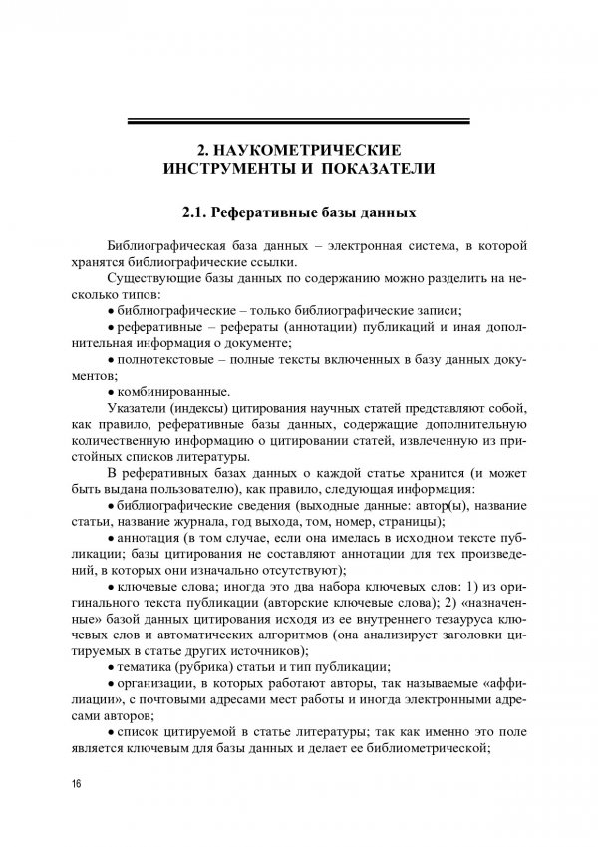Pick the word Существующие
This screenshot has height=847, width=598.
pyautogui.click(x=153, y=277)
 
